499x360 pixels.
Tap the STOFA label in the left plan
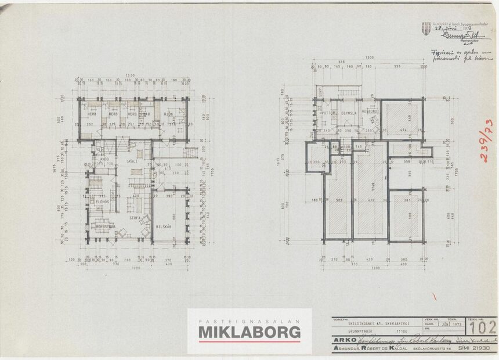click(135, 218)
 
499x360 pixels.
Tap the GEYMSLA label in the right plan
click(348, 113)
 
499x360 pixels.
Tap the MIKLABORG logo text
click(249, 332)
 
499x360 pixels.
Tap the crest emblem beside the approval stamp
click(427, 27)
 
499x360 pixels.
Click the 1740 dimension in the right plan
click(371, 185)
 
